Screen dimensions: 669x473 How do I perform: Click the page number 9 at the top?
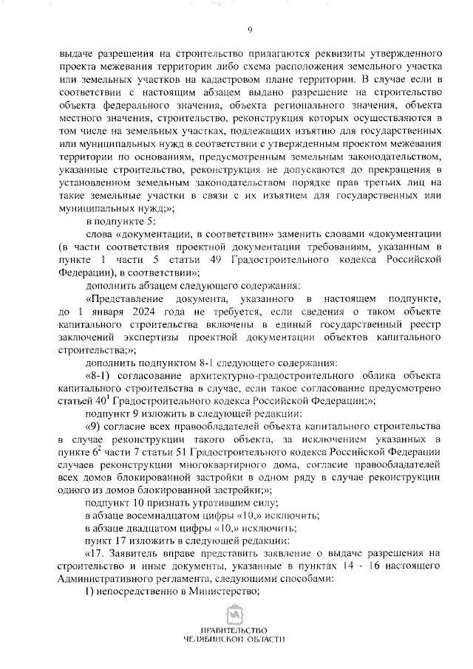[x=250, y=30]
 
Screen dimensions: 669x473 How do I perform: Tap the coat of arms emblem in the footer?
[x=236, y=616]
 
